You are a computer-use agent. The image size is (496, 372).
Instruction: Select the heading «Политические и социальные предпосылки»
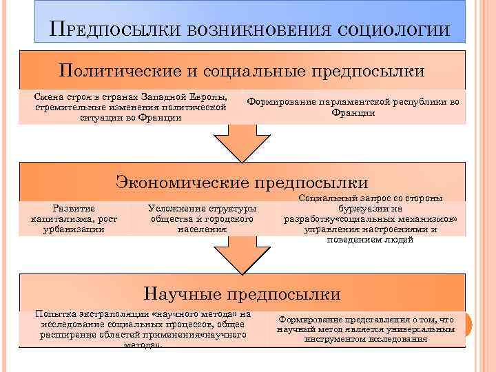pyautogui.click(x=241, y=71)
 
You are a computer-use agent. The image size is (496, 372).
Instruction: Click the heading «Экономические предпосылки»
pyautogui.click(x=241, y=183)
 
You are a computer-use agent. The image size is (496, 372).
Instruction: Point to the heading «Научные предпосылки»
pyautogui.click(x=241, y=294)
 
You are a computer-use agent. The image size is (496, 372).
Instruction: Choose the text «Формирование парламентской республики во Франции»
pyautogui.click(x=353, y=107)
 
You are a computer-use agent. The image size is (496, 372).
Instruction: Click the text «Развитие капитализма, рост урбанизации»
pyautogui.click(x=74, y=218)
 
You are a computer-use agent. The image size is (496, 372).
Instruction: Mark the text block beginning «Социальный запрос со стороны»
pyautogui.click(x=370, y=218)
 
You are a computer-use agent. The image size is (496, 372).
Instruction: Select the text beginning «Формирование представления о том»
pyautogui.click(x=366, y=329)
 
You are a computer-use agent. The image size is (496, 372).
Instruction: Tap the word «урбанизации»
pyautogui.click(x=74, y=229)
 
